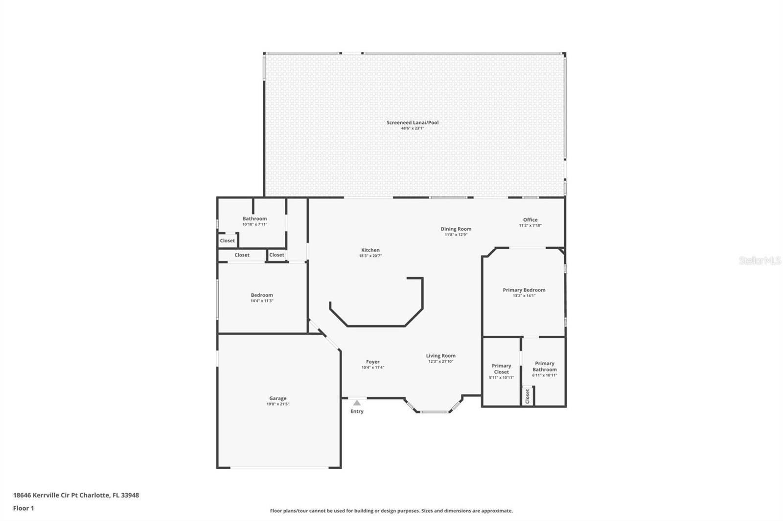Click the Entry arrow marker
tap(357, 403)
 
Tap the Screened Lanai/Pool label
tap(413, 123)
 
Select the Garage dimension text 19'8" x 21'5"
tap(277, 404)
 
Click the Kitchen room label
tap(370, 250)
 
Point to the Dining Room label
tap(456, 229)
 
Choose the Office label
tap(530, 220)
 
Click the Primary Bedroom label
tap(524, 290)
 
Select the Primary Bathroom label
tap(544, 367)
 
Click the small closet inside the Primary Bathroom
tap(528, 396)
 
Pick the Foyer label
tap(372, 362)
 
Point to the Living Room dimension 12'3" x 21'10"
tap(440, 362)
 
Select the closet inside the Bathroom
tap(227, 240)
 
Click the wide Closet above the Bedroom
tap(242, 255)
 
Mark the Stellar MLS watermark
tap(760, 261)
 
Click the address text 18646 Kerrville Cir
tap(76, 495)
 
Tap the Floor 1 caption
tap(23, 508)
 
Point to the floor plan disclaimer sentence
tap(391, 511)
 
